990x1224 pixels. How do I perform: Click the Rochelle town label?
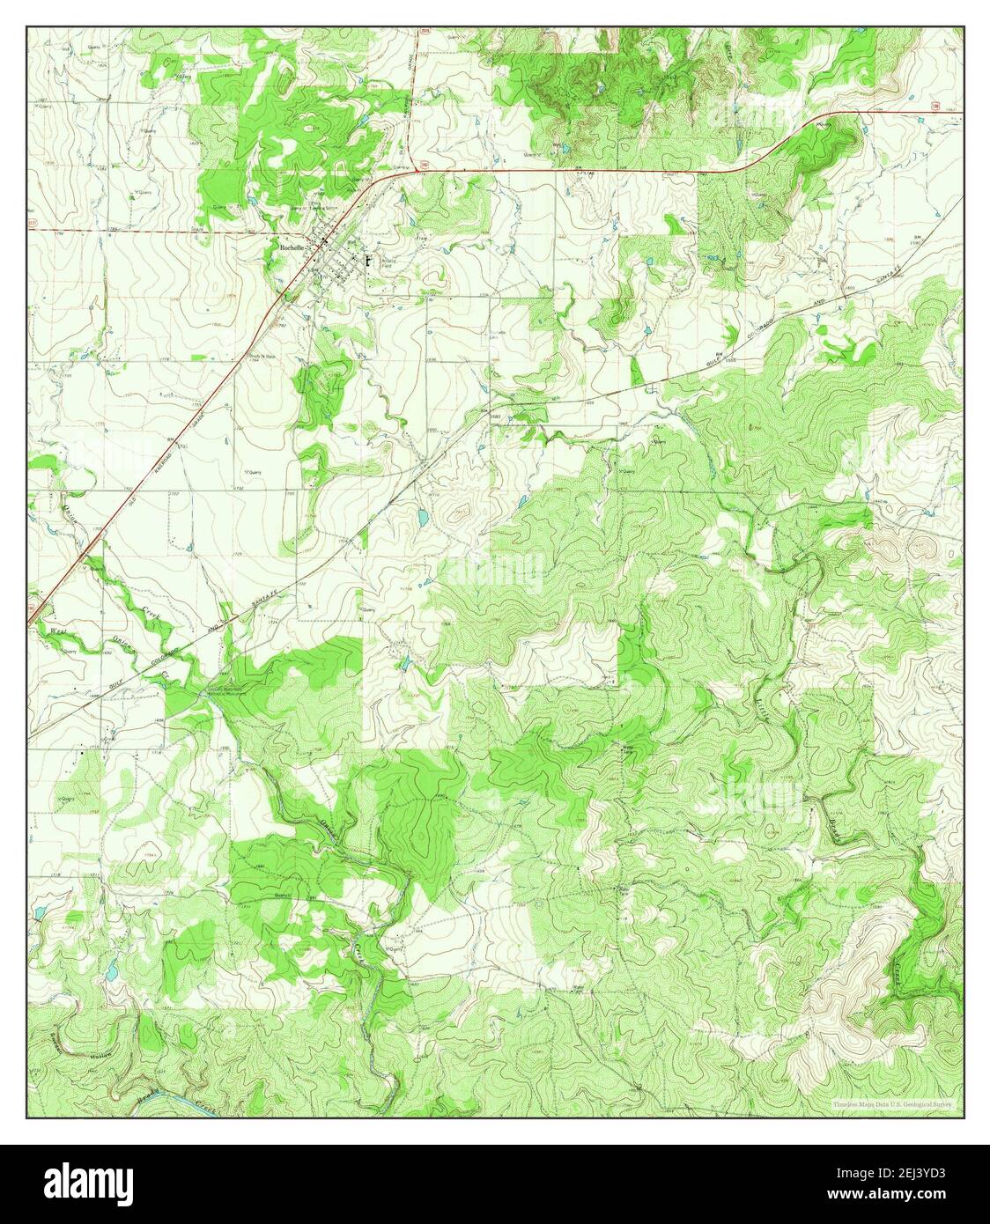(x=292, y=248)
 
